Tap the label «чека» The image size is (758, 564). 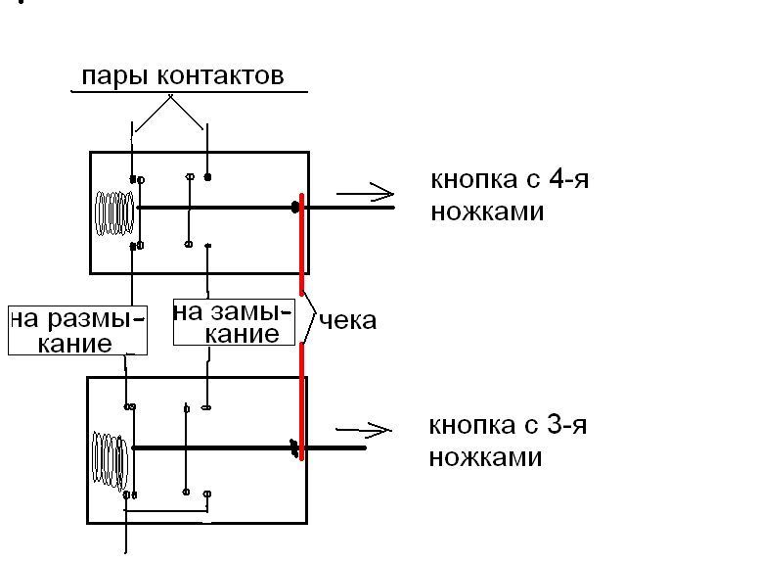pyautogui.click(x=347, y=320)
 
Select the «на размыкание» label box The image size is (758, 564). pyautogui.click(x=77, y=330)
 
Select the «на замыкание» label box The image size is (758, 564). pyautogui.click(x=233, y=322)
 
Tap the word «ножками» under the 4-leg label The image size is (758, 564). pyautogui.click(x=486, y=211)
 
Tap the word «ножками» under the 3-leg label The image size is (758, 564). pyautogui.click(x=485, y=456)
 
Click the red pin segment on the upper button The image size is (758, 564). pyautogui.click(x=301, y=235)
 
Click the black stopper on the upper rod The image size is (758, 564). pyautogui.click(x=294, y=208)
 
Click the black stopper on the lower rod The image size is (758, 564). pyautogui.click(x=293, y=448)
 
